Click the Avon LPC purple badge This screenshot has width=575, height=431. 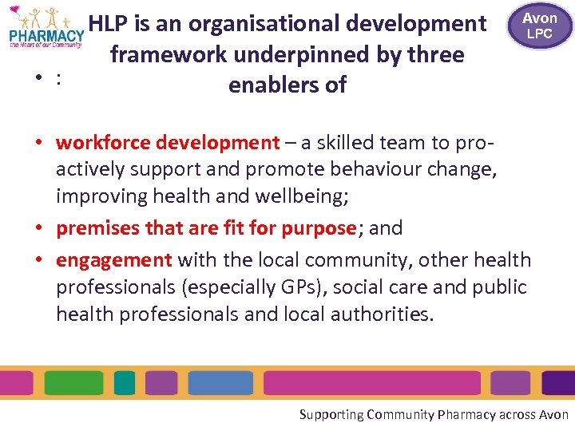click(x=540, y=26)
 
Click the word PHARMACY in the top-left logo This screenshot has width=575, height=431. click(x=46, y=34)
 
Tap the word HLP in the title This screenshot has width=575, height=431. click(x=110, y=24)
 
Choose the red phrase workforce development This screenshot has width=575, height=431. click(x=168, y=143)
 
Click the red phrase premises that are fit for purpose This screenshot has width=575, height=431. click(x=205, y=227)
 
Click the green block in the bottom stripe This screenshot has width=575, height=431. click(x=77, y=382)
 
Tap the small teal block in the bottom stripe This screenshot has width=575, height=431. click(x=125, y=382)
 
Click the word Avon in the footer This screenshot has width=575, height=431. click(x=554, y=414)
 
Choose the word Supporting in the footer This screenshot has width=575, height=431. click(x=331, y=414)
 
